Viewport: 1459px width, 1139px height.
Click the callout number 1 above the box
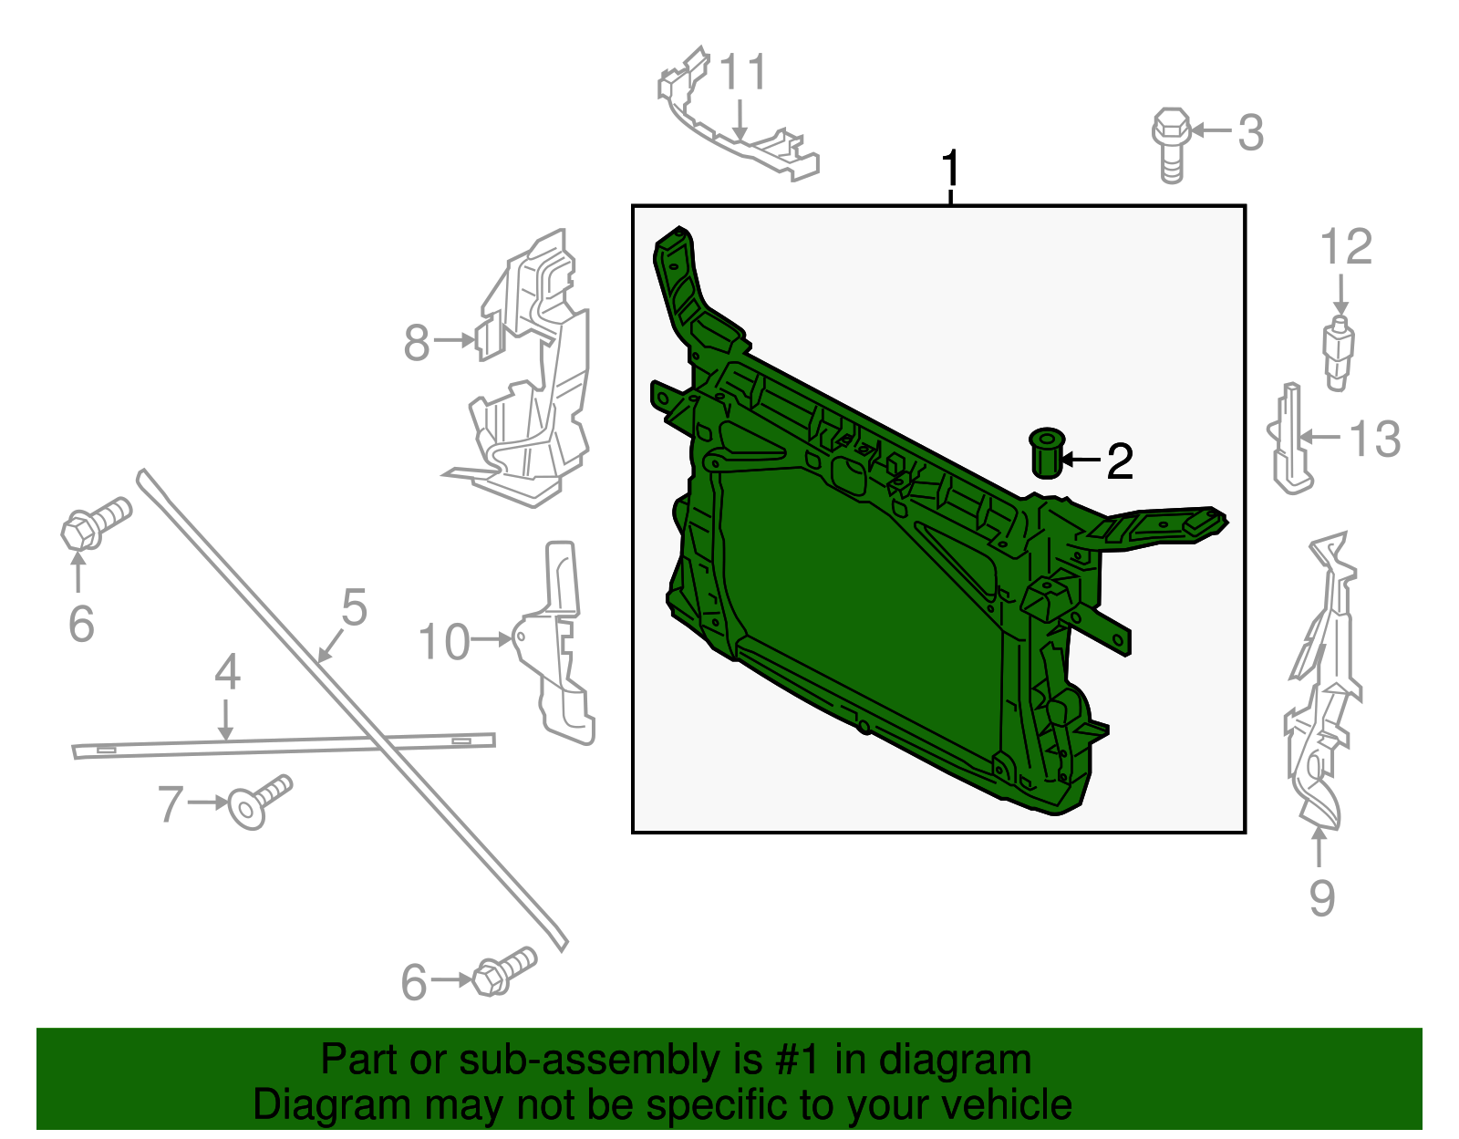click(950, 170)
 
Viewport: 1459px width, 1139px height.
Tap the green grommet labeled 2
click(1046, 452)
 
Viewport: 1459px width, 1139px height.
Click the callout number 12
click(1345, 248)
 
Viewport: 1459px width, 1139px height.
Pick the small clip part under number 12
click(1338, 352)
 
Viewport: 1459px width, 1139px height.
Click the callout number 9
click(1321, 897)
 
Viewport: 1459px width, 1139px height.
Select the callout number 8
click(417, 343)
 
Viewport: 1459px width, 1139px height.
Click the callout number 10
click(444, 642)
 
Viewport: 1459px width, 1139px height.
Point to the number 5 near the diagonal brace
click(354, 608)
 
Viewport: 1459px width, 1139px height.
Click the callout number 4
click(227, 673)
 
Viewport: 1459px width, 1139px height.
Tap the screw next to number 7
click(259, 802)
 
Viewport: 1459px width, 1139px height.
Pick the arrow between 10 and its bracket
click(493, 640)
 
